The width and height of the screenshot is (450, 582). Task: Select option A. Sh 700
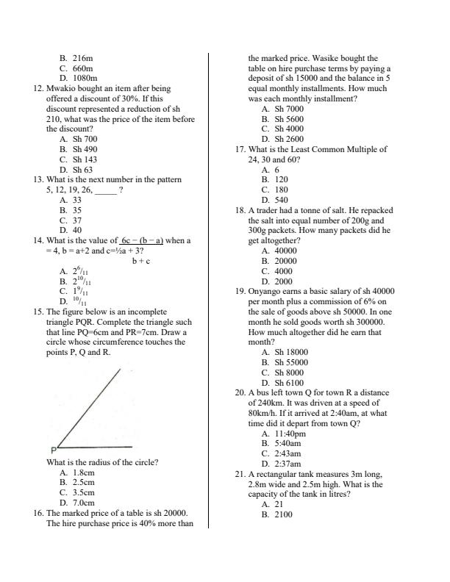click(x=79, y=139)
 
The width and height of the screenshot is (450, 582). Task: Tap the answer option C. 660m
click(x=76, y=68)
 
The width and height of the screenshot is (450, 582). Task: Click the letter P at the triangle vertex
click(x=54, y=450)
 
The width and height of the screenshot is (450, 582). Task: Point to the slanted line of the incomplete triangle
click(x=87, y=407)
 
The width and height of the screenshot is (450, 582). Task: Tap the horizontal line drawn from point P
click(x=96, y=447)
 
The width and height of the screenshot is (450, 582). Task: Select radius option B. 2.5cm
click(x=77, y=483)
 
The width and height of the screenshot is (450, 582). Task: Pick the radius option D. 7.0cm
click(x=77, y=503)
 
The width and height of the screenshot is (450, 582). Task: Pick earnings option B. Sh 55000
click(x=284, y=362)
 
